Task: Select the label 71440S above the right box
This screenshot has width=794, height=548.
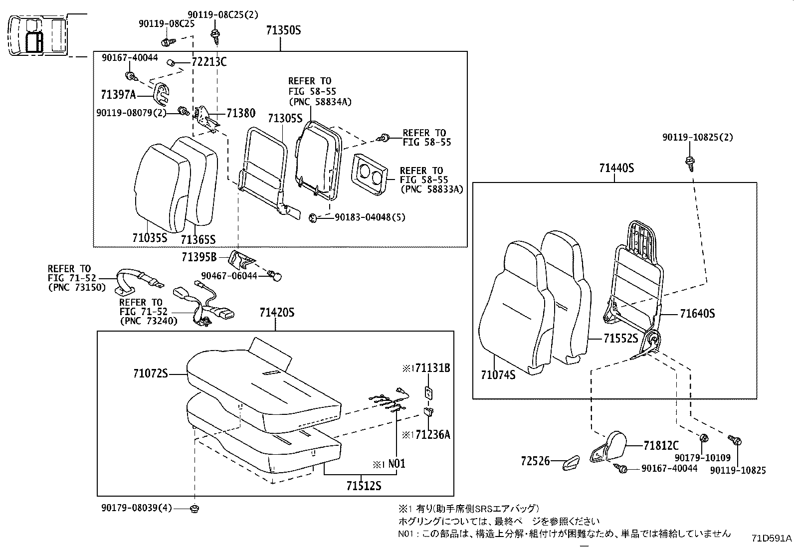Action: [616, 168]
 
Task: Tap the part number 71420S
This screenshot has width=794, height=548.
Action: [277, 313]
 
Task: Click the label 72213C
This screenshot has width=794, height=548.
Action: [209, 62]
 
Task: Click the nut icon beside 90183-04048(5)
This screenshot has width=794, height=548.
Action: [313, 217]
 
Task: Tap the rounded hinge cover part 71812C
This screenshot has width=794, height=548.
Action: [612, 446]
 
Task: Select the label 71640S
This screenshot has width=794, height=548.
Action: [697, 314]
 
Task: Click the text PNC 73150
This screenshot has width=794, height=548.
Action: [77, 287]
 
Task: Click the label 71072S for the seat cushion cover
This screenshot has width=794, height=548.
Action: [151, 373]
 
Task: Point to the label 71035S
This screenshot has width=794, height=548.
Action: [150, 238]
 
